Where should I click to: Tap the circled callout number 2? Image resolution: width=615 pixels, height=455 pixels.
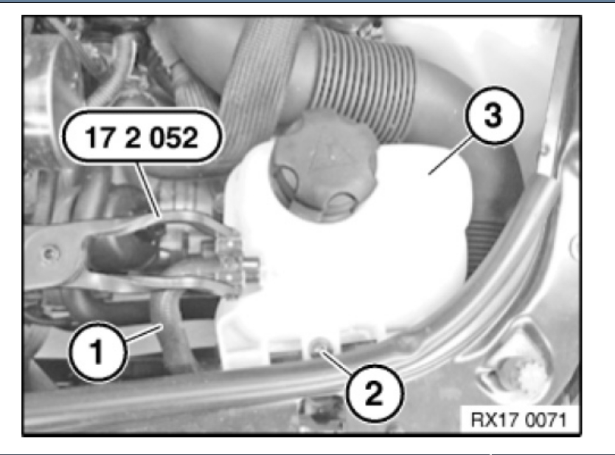[375, 391]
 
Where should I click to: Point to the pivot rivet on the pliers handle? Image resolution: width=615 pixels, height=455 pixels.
[49, 256]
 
